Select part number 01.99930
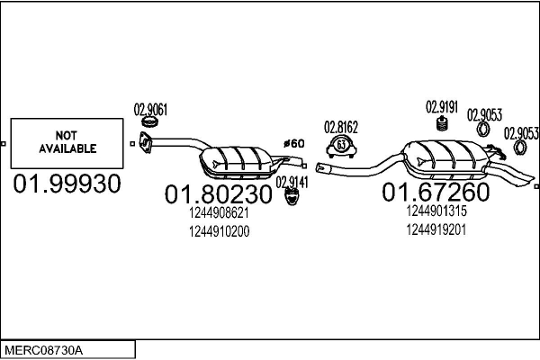coord(66,185)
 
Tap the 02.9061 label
coord(150,110)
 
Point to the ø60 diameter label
coord(293,143)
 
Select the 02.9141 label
coord(292,182)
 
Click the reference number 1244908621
coord(219,214)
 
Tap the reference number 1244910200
coord(219,231)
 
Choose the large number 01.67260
coord(436,192)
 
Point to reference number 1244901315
coord(436,211)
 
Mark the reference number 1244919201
coord(436,229)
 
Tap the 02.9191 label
coord(442,106)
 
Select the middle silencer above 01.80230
coord(238,158)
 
